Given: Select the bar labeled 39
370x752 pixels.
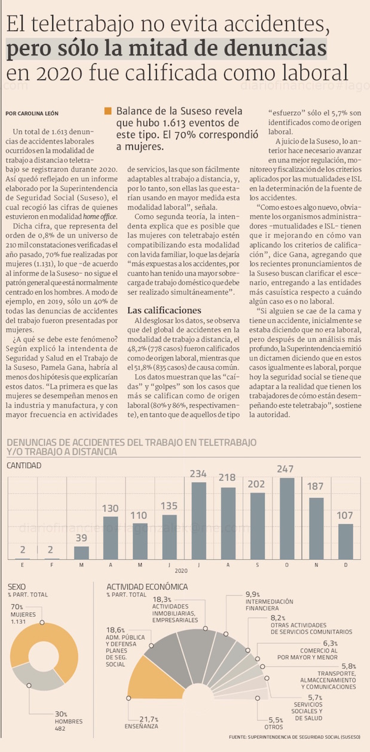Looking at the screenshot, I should point(81,553).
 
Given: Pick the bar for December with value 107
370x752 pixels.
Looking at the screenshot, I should point(345,541).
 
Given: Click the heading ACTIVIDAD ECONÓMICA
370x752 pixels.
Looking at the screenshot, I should point(147,587).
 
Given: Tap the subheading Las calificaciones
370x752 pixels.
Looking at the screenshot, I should point(164,310).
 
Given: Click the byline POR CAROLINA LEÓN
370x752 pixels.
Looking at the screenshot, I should point(33,113).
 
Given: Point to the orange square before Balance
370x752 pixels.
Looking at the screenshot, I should point(108,111).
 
